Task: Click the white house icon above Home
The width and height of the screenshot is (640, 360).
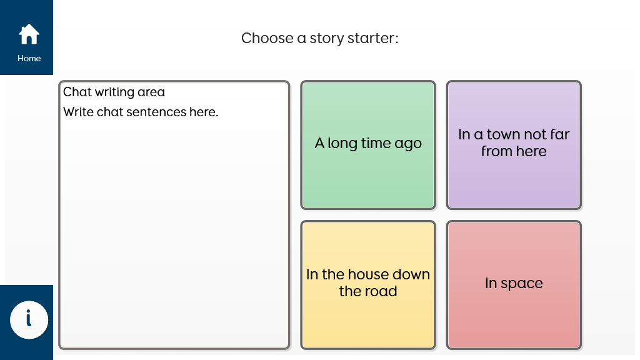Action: pos(29,34)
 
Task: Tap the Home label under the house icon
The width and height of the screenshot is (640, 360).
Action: pos(29,58)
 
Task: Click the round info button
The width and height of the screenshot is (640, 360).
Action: pos(29,319)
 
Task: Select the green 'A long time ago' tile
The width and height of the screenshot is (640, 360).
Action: pos(368,145)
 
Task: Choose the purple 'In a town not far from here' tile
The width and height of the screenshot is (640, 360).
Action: pos(514,145)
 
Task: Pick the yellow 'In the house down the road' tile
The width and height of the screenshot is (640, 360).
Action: pos(368,285)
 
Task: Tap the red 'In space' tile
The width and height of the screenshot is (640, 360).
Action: pos(514,285)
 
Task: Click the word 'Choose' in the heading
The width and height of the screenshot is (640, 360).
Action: pos(267,38)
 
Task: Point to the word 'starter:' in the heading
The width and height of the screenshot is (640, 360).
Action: pos(372,38)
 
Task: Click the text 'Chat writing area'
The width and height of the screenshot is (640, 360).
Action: pos(114,92)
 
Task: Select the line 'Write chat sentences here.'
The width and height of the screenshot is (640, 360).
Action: pos(141,112)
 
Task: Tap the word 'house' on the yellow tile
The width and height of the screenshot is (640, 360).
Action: pos(364,274)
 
